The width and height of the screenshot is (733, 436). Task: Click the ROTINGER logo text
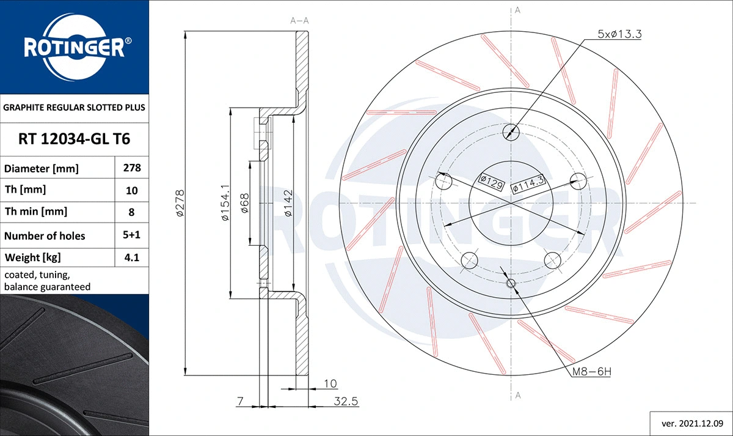[75, 47]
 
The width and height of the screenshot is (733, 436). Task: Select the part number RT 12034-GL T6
[75, 139]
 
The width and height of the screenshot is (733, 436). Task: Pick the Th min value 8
[131, 212]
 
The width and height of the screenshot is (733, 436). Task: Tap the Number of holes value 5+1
[131, 235]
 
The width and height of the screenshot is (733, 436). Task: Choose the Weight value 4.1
[131, 257]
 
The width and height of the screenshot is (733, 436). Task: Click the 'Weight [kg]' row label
[33, 257]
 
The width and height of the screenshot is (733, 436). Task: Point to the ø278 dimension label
[180, 203]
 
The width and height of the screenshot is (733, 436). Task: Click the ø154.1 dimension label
[224, 203]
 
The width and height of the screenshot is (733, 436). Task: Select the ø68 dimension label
[244, 203]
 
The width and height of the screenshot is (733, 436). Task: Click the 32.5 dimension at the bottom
[346, 401]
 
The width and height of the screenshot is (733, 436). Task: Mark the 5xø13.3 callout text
[619, 34]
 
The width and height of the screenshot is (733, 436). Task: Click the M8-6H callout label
[591, 371]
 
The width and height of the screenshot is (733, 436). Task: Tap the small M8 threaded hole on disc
[512, 283]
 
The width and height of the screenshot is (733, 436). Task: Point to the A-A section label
[299, 21]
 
